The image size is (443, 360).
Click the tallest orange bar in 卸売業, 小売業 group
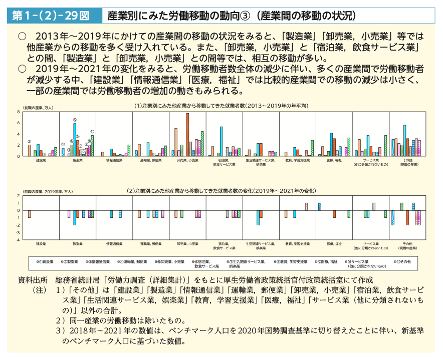[x=187, y=135]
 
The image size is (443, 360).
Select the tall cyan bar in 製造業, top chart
[x=75, y=140]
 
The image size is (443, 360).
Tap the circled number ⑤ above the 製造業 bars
[x=74, y=120]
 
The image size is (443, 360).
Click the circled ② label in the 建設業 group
[x=29, y=141]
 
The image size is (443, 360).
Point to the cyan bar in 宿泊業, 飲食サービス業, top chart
[x=221, y=142]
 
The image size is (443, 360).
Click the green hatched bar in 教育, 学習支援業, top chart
[x=312, y=148]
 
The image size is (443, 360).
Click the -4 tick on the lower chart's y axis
[x=18, y=240]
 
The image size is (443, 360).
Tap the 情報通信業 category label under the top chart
[x=114, y=160]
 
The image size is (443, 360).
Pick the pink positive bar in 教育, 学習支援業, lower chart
[x=306, y=207]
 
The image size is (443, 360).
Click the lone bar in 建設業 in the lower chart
[x=30, y=214]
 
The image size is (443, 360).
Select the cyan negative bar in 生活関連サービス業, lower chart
[x=258, y=218]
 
